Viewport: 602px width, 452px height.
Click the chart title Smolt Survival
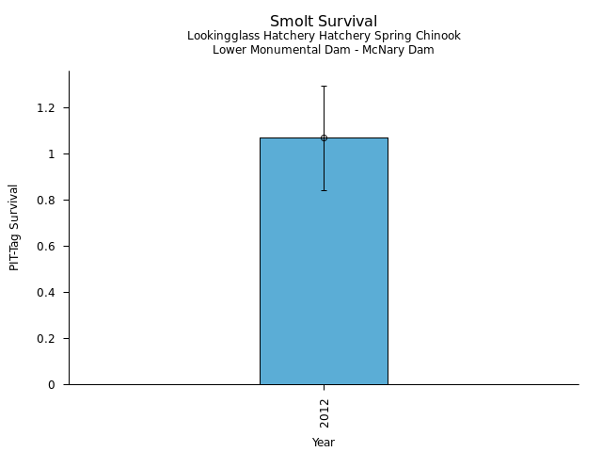324,22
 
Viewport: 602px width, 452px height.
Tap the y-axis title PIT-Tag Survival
14,228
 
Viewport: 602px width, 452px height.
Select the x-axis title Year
324,443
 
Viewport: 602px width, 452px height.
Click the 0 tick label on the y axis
53,385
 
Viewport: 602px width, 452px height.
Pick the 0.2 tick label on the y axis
47,339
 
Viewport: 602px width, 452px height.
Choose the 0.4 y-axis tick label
47,293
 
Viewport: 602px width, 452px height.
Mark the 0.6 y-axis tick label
47,247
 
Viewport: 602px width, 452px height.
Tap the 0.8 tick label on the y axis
47,201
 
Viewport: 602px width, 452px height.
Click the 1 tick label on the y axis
53,154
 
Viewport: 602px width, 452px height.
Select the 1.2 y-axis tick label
47,108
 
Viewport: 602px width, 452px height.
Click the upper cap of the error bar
324,86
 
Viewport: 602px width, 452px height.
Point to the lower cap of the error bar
324,190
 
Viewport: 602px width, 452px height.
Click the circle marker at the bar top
324,137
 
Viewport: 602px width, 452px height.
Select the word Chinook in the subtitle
440,37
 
